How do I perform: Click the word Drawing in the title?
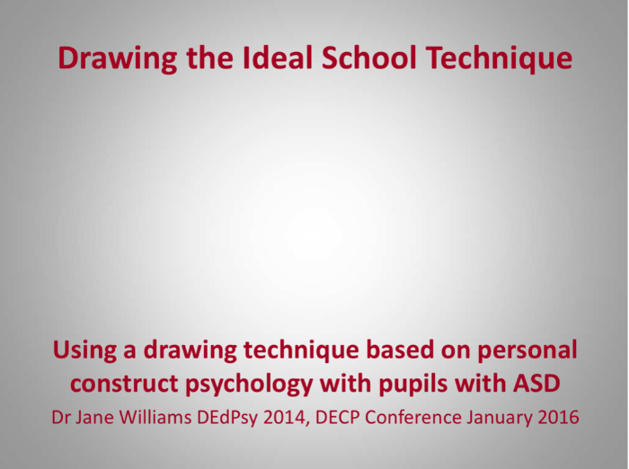[x=118, y=59]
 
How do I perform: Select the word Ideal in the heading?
[x=278, y=58]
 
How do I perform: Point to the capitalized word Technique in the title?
[x=499, y=59]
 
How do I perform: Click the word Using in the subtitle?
[x=84, y=351]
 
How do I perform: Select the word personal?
[x=527, y=351]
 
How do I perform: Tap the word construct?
[x=124, y=384]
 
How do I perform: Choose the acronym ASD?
[x=536, y=383]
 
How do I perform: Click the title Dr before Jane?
[x=61, y=418]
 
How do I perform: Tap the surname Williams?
[x=155, y=418]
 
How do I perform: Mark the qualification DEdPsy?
[x=227, y=419]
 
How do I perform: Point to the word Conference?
[x=413, y=418]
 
